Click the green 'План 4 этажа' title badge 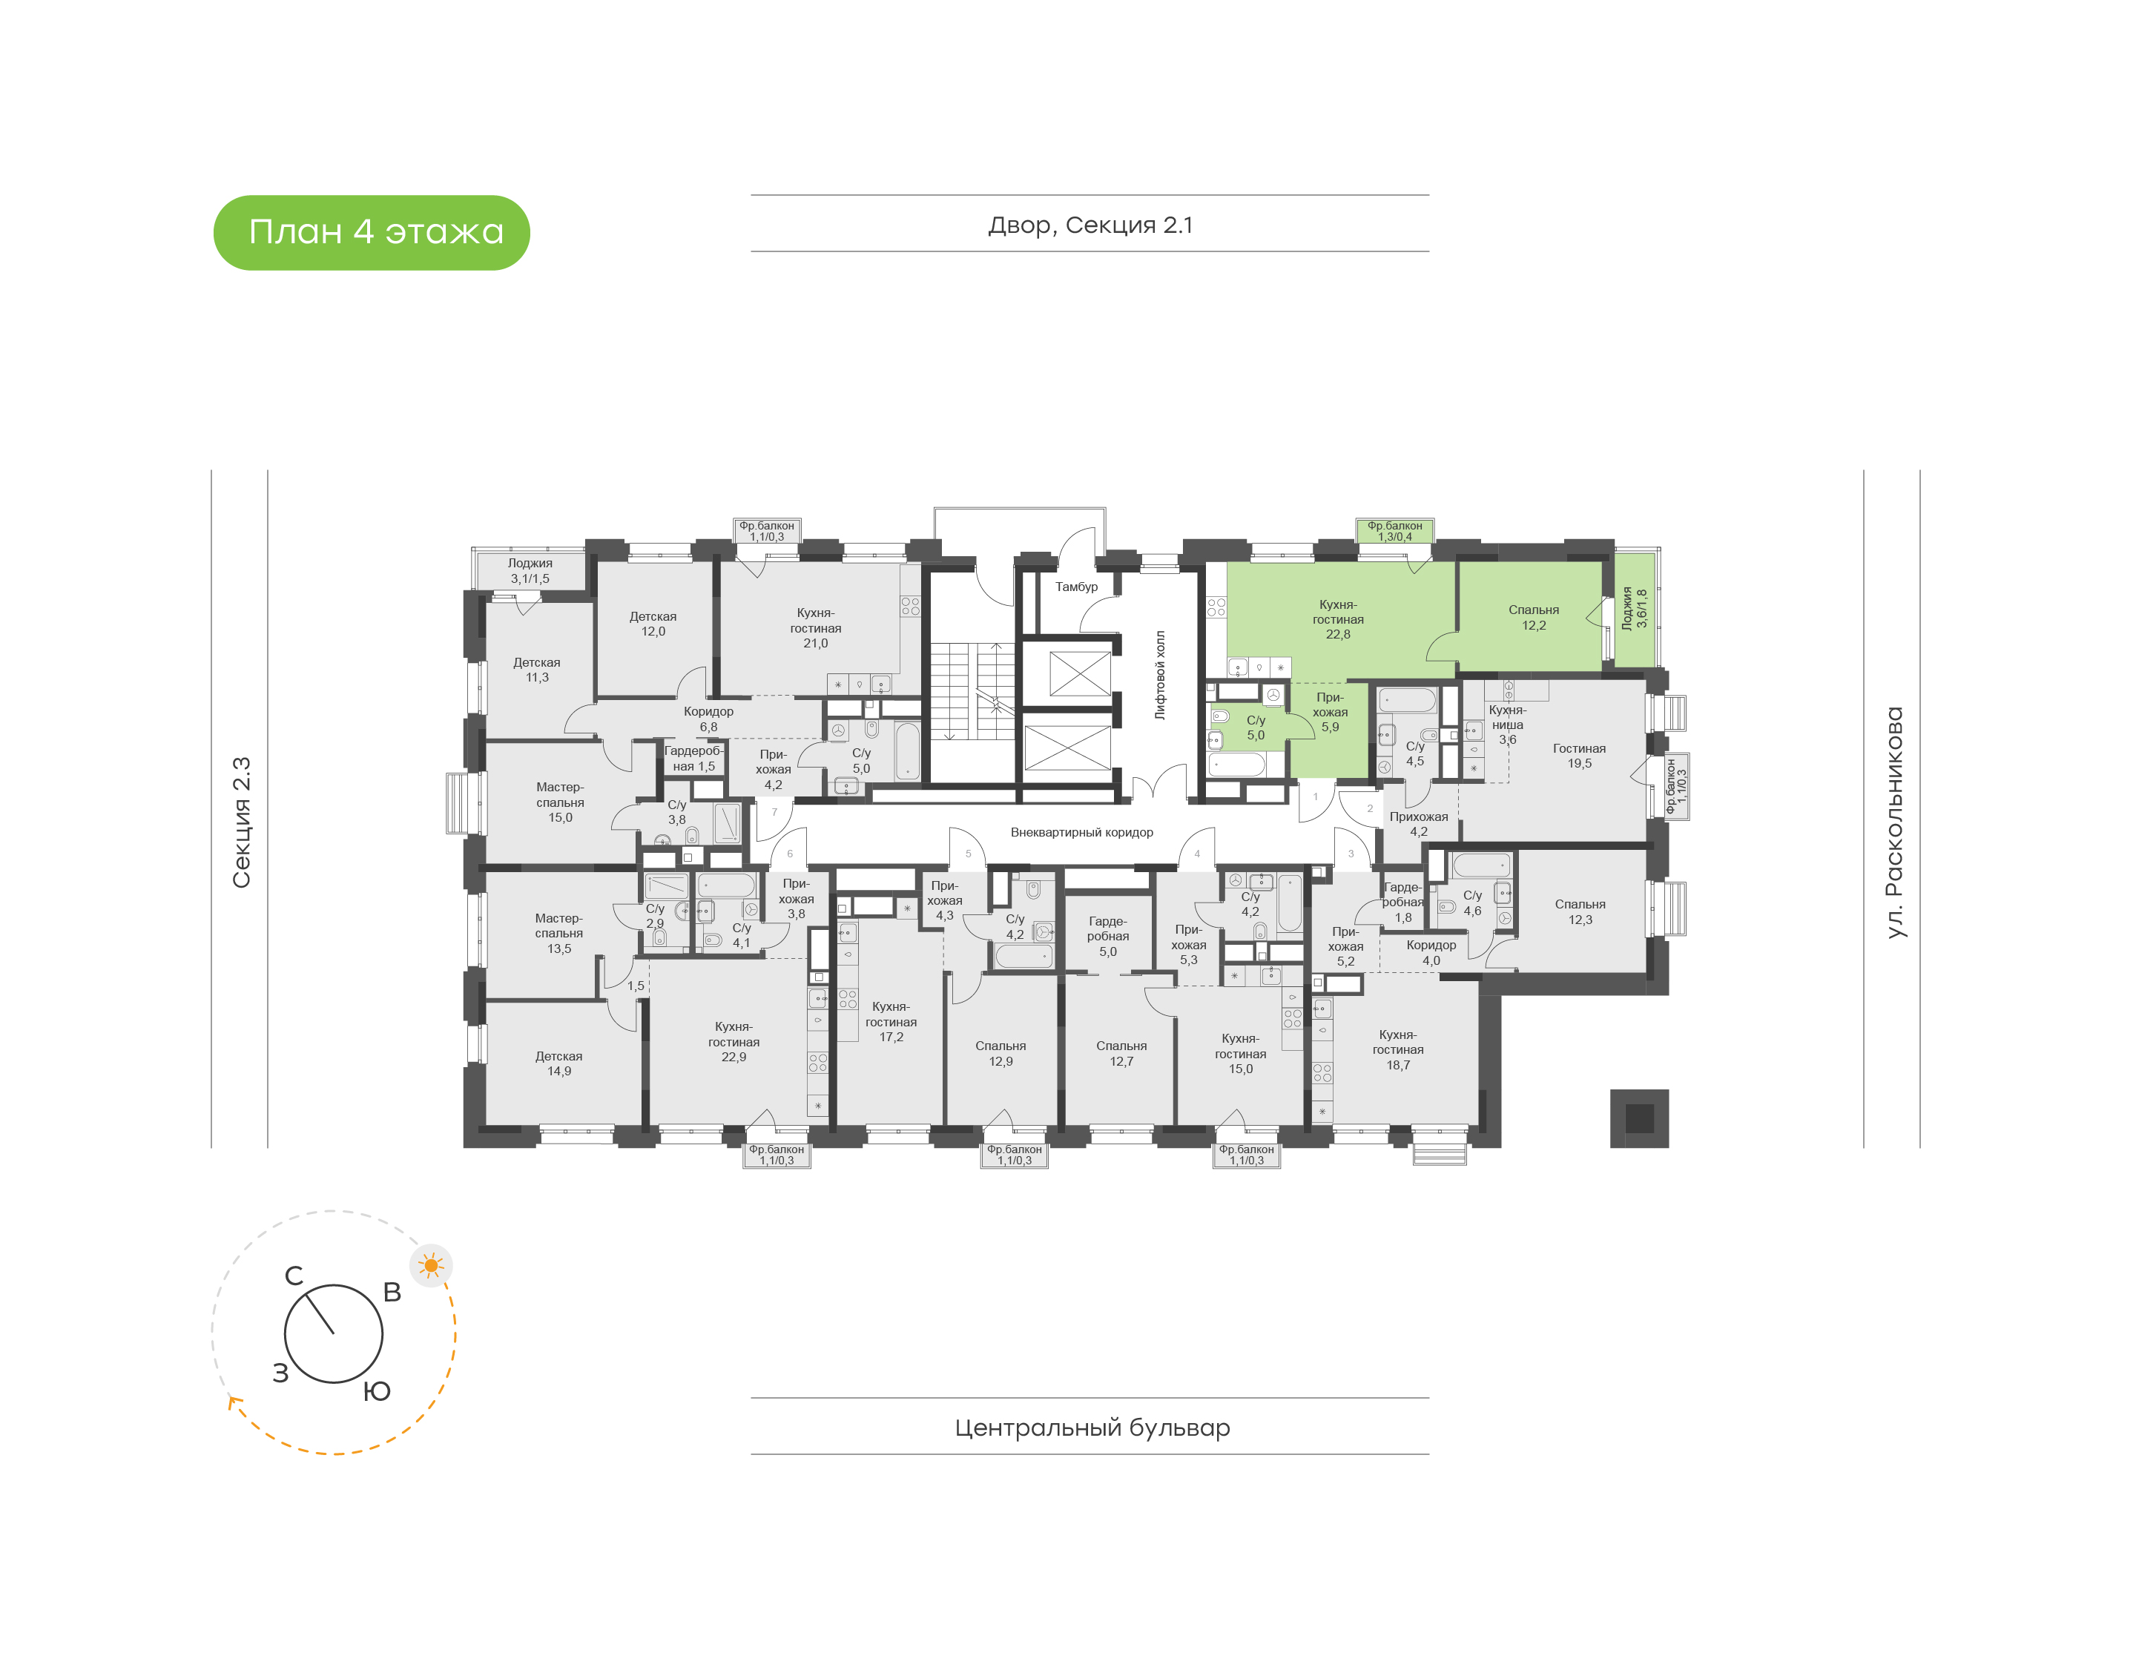(371, 233)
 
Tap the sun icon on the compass (431, 1265)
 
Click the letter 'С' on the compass (294, 1276)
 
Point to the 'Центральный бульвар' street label (1092, 1428)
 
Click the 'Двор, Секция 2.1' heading (1090, 225)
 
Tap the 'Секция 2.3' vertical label (241, 822)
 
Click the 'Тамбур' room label (1076, 587)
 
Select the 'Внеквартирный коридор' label (1081, 832)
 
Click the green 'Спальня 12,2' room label (1534, 617)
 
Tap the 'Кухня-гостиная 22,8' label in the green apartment (1338, 619)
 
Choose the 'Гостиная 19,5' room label (1579, 756)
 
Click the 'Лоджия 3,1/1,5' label (530, 571)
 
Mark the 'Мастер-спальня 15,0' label (560, 802)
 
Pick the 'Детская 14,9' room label (558, 1063)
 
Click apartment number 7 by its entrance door (774, 811)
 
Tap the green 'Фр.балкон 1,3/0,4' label (1394, 531)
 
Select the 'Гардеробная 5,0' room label (1108, 936)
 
